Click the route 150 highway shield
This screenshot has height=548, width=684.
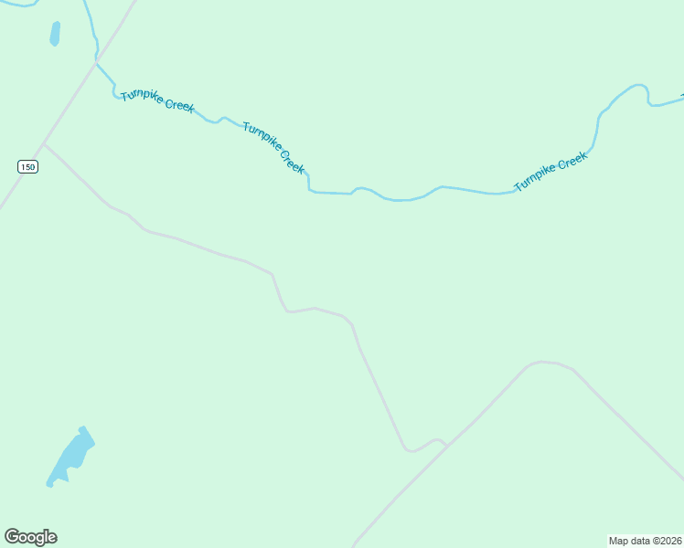(28, 166)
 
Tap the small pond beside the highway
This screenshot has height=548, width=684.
(55, 34)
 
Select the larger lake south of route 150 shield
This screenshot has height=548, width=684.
(70, 457)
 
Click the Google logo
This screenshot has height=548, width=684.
(30, 537)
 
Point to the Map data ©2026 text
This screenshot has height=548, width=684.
(646, 541)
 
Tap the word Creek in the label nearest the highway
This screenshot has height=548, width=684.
(179, 106)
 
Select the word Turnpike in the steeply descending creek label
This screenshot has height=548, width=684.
(262, 138)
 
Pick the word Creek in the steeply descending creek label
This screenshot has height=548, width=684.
(293, 163)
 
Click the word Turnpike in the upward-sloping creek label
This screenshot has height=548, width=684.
(536, 177)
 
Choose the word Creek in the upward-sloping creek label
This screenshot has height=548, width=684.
(572, 161)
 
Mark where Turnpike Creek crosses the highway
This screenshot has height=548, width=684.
(96, 62)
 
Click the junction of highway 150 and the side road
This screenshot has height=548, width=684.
(43, 143)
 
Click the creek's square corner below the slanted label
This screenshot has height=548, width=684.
(309, 191)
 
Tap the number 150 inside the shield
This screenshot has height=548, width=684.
(28, 166)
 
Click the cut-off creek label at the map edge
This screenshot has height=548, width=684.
(681, 95)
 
